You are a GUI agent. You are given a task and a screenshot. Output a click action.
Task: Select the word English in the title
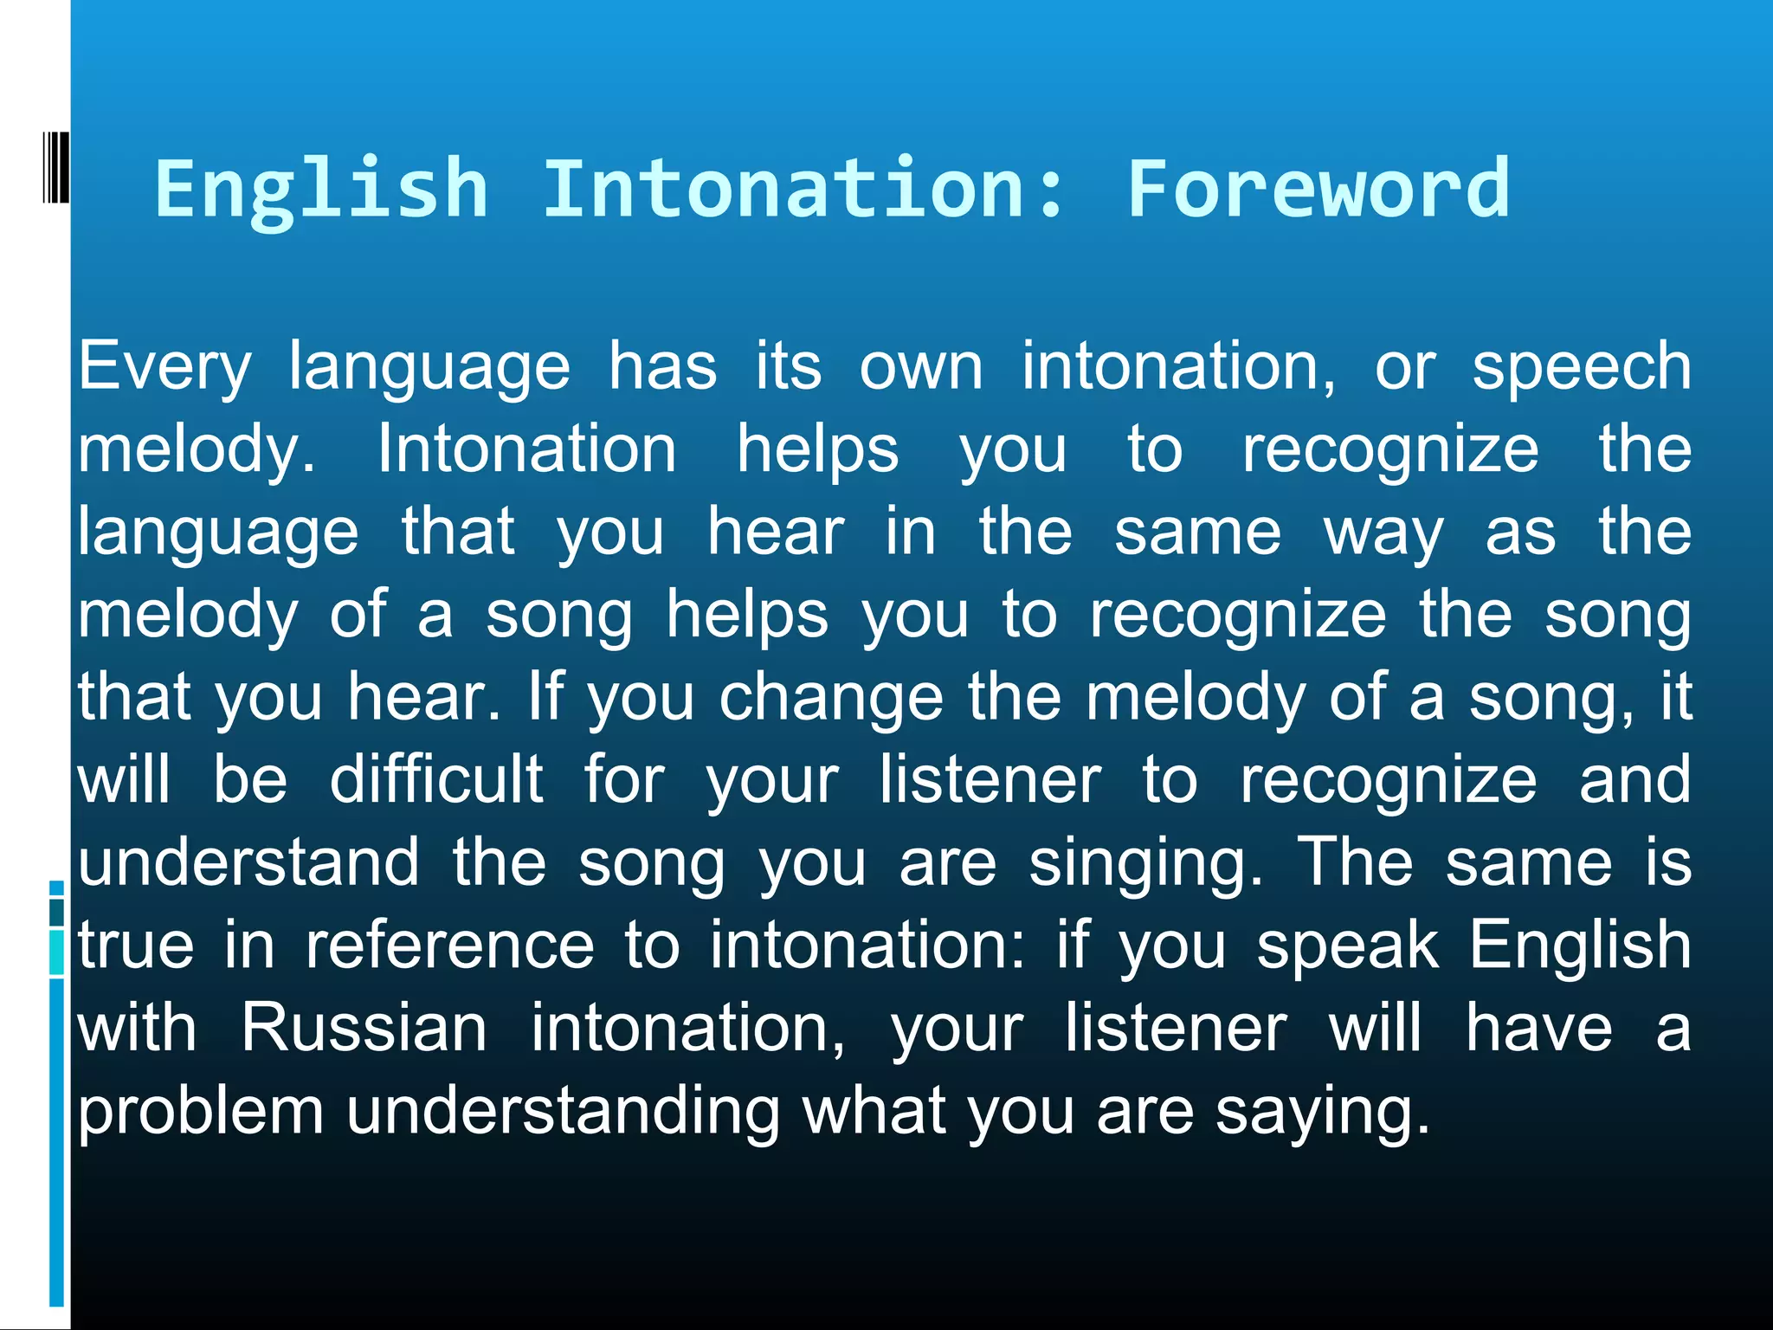pyautogui.click(x=321, y=190)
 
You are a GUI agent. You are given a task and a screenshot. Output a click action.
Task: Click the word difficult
pyautogui.click(x=436, y=779)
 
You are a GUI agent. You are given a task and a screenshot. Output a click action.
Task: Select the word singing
pyautogui.click(x=1144, y=864)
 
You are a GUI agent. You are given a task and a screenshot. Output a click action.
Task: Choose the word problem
pyautogui.click(x=201, y=1113)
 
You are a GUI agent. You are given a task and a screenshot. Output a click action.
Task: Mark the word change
pyautogui.click(x=831, y=697)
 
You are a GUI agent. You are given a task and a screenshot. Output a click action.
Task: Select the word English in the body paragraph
pyautogui.click(x=1580, y=946)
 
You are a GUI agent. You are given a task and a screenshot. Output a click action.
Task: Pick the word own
pyautogui.click(x=921, y=367)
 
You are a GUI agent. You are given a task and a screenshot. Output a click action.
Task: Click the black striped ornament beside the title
pyautogui.click(x=56, y=168)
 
